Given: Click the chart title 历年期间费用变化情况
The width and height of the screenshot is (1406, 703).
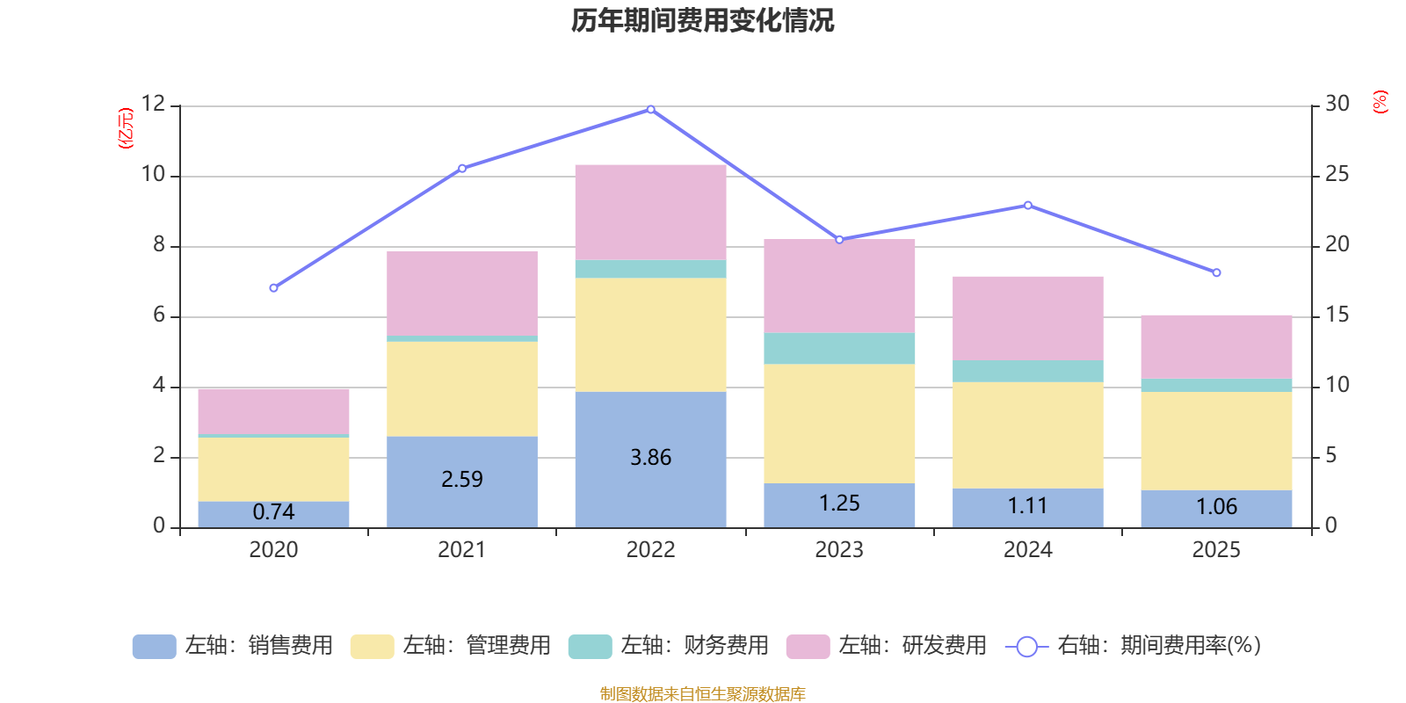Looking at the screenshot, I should pos(702,20).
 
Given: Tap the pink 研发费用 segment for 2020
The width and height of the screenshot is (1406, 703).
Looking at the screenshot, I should pos(273,410).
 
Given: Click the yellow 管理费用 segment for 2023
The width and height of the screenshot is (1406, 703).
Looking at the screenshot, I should pos(839,424).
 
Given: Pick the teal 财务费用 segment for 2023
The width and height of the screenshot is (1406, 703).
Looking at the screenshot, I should pos(839,348).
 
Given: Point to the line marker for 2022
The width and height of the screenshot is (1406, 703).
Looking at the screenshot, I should pos(650,109).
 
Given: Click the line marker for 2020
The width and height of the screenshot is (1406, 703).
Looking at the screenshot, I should pos(273,288).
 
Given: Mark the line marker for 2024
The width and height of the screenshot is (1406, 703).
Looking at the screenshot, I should pos(1027,206).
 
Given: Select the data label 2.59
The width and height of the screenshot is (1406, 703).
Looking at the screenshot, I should pos(462,479).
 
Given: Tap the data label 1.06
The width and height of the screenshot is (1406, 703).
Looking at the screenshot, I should pos(1216,507).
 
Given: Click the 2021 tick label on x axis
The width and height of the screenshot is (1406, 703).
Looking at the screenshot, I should pos(462,550).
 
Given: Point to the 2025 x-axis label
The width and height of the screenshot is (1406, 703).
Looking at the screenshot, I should pos(1216,550).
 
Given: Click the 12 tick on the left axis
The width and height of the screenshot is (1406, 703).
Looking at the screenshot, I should pos(153,104).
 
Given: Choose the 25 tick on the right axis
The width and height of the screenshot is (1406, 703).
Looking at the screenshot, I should pos(1337,174).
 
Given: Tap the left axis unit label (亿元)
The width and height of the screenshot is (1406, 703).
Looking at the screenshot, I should pos(127,128).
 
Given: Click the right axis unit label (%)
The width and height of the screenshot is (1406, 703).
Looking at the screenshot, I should pos(1381,102).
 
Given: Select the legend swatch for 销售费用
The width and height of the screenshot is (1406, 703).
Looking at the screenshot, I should pos(154,647).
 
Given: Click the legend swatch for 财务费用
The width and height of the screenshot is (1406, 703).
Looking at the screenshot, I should pos(590,647).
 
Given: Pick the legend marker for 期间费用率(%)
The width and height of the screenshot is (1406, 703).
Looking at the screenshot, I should pos(1026,647).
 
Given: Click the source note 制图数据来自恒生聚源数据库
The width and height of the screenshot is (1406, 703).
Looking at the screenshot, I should pos(702,694).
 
